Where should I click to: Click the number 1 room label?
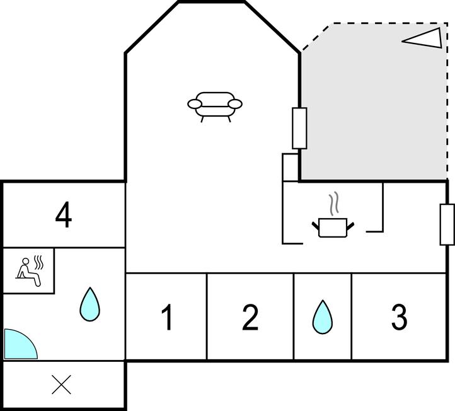tap(167, 317)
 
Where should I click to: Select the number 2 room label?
tap(250, 317)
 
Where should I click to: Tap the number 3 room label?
tap(399, 317)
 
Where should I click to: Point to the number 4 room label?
tap(64, 216)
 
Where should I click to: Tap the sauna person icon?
tap(29, 272)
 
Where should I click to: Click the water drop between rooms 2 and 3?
tap(322, 316)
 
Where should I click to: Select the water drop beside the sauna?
tap(90, 304)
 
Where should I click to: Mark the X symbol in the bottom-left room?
tap(61, 385)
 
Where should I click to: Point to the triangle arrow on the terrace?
tap(422, 38)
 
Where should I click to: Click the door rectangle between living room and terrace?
tap(299, 128)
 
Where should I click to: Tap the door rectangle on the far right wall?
tap(447, 224)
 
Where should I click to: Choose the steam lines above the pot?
tap(333, 204)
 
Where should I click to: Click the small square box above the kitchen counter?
tap(290, 167)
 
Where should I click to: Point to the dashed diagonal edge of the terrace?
tap(316, 37)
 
